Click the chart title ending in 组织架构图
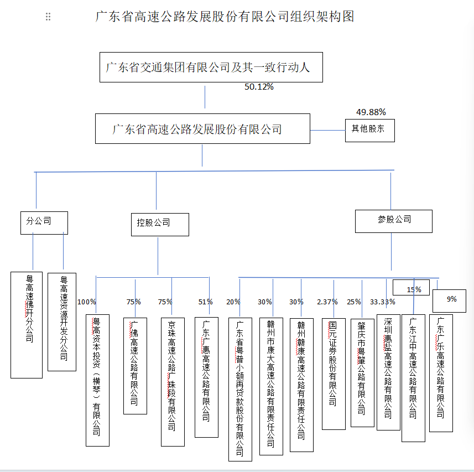click(225, 17)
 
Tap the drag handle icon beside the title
click(48, 17)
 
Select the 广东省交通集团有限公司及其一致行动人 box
click(211, 68)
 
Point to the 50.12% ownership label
click(259, 87)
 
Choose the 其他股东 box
click(369, 130)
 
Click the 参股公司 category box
click(393, 220)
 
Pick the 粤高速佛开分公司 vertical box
click(27, 325)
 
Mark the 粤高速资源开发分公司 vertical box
click(62, 321)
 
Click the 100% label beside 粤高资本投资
click(86, 302)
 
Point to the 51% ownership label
click(205, 302)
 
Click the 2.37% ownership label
click(327, 302)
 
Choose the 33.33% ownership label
click(382, 302)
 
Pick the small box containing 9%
click(452, 299)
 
